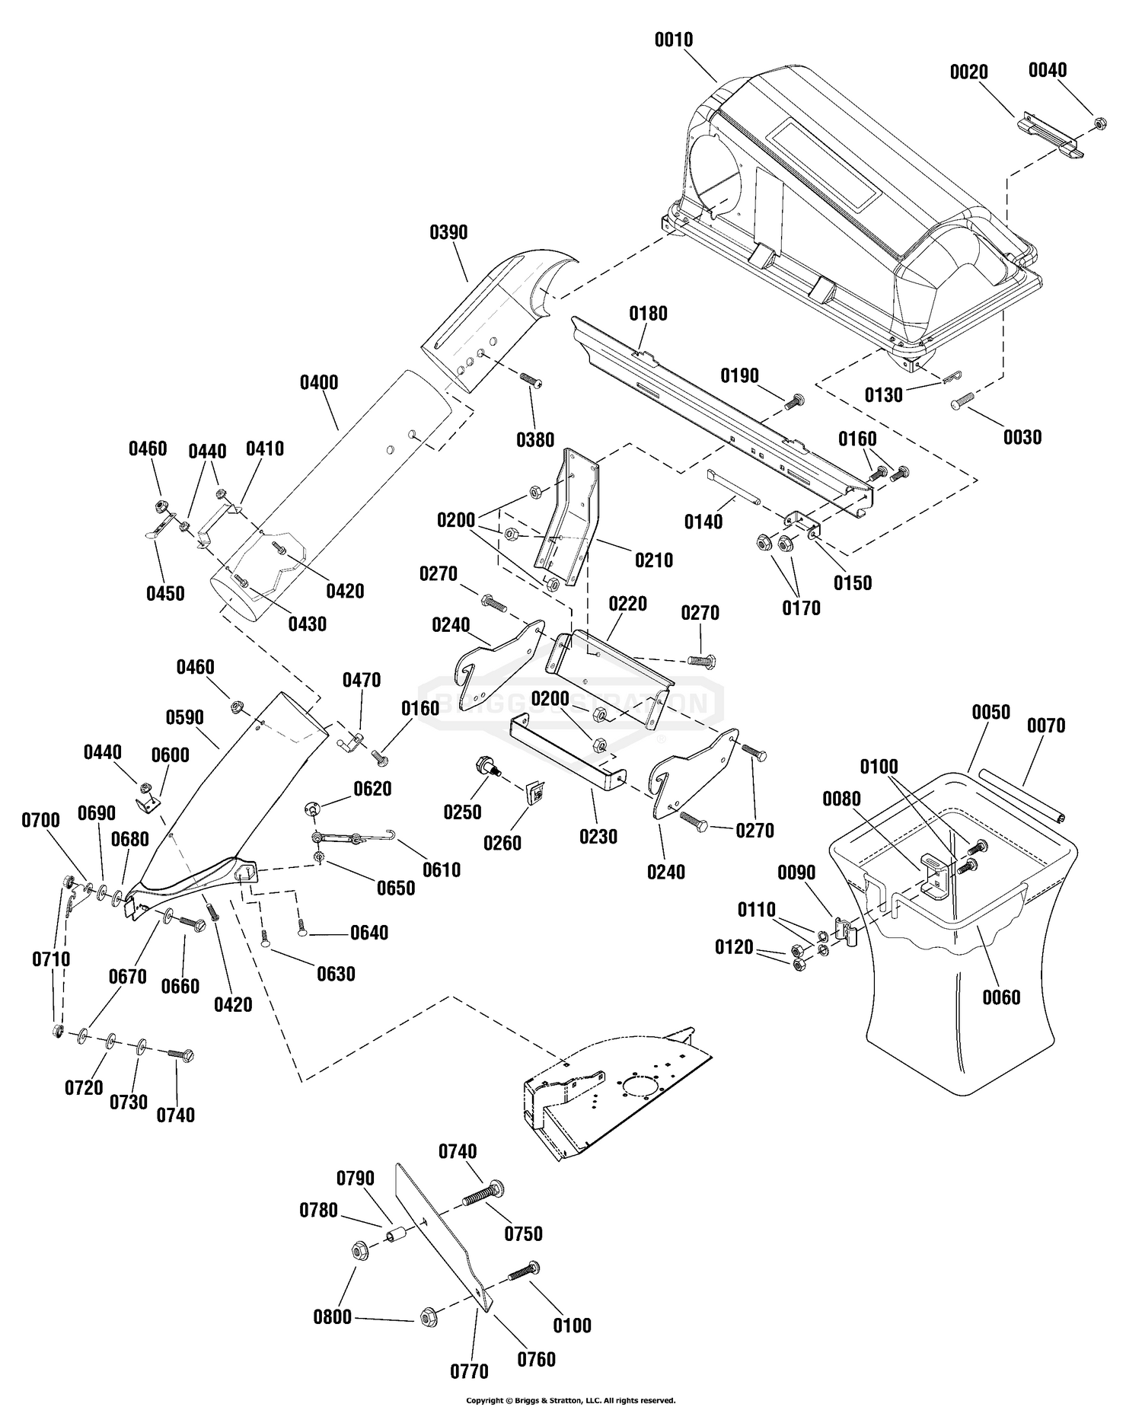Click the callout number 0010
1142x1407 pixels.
point(674,40)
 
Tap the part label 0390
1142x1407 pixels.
point(448,232)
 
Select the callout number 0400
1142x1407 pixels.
point(319,382)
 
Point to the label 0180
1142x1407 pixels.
point(648,313)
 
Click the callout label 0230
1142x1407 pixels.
point(598,836)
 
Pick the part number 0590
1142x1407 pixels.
point(184,717)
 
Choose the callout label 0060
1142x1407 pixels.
point(1001,997)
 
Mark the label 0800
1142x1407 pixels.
point(333,1316)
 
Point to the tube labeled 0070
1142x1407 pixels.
point(1024,795)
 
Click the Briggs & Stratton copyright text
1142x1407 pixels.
point(571,1399)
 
